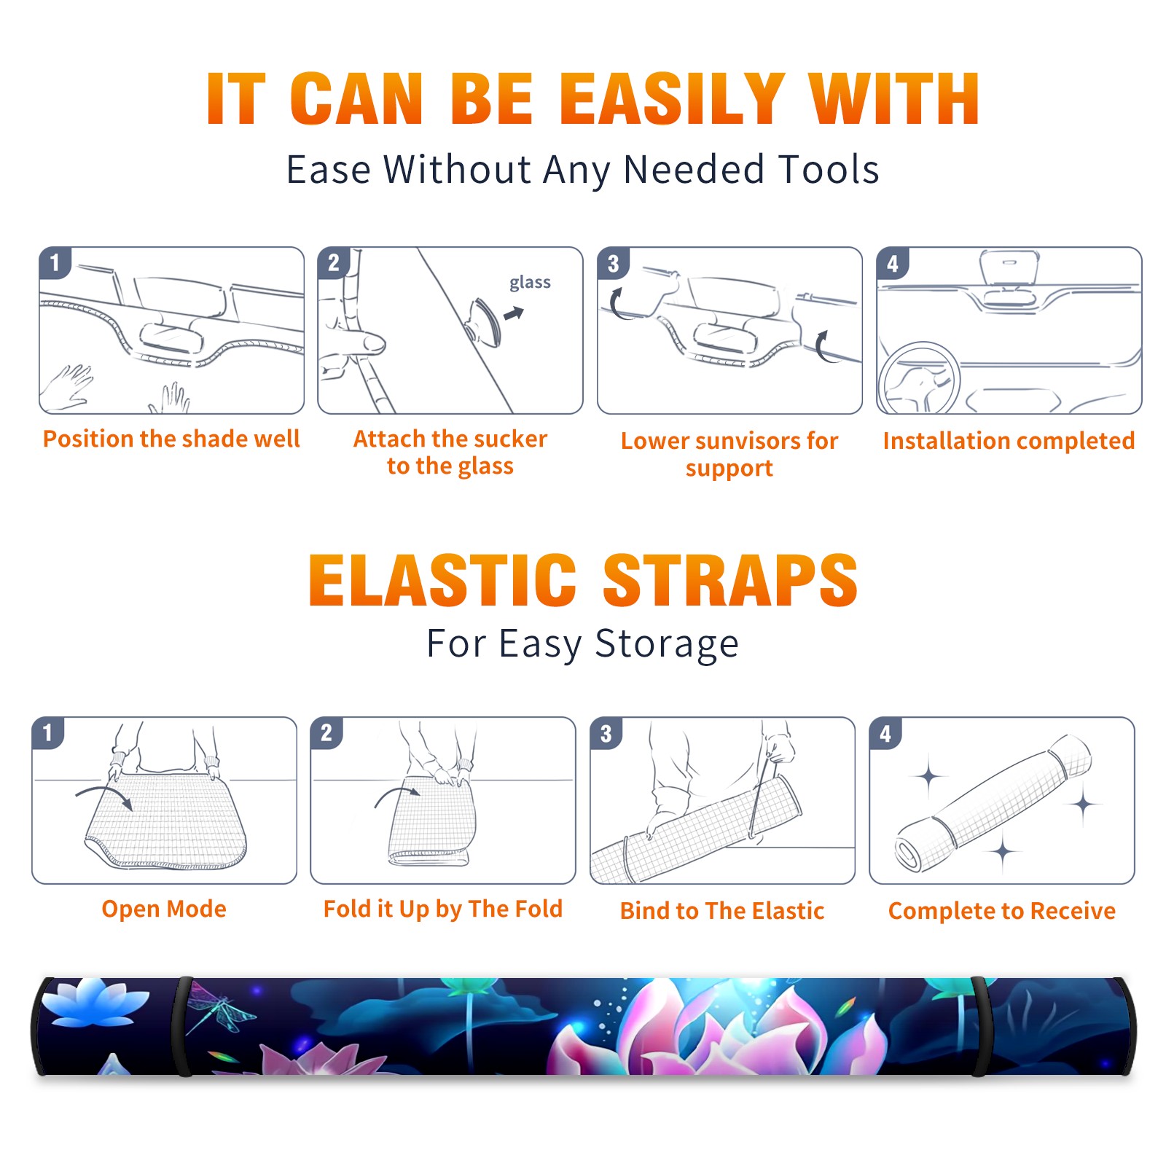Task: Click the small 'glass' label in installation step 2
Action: pos(530,283)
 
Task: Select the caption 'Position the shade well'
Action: pos(171,439)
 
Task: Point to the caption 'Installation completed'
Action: pos(1009,440)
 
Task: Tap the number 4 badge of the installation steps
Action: pos(893,263)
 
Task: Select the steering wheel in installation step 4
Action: pos(919,378)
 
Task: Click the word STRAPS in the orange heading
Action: pos(730,580)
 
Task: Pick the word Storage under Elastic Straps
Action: pos(667,645)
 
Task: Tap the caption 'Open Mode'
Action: pos(164,909)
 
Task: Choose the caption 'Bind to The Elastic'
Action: pos(722,910)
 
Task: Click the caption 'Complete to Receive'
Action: pos(1002,911)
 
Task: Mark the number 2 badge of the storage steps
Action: pos(326,733)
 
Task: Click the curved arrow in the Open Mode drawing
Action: pos(104,794)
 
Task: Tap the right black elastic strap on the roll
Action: pos(980,1026)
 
